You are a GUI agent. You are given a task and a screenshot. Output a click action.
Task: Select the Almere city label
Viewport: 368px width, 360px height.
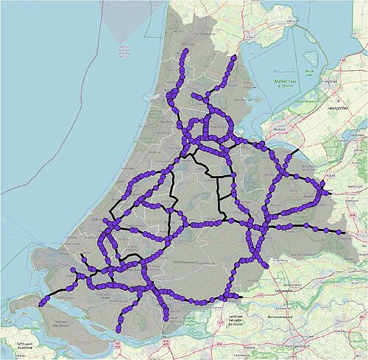[279, 128]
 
